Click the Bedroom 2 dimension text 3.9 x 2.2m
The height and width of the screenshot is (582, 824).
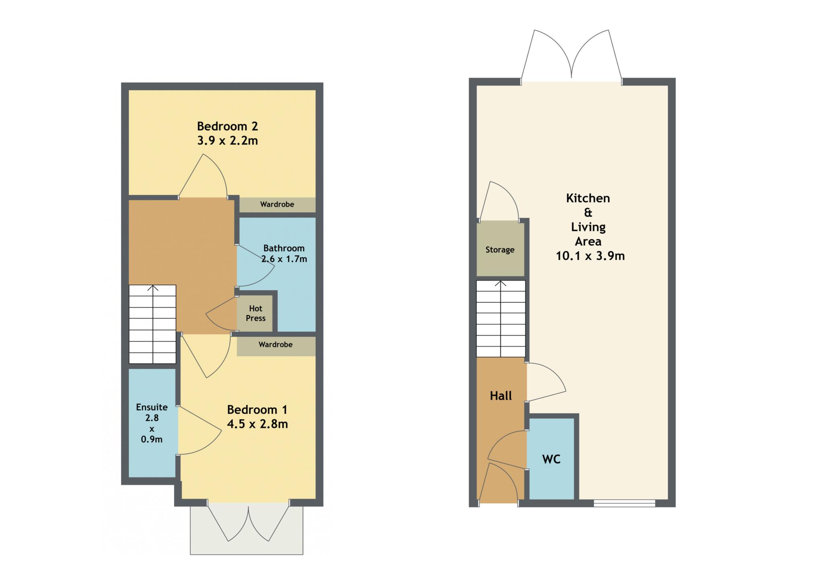[227, 141]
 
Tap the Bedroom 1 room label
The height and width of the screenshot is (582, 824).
[257, 410]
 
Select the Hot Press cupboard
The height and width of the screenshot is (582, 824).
[255, 314]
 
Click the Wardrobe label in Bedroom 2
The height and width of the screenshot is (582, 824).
[277, 204]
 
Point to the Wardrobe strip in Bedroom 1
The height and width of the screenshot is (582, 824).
[276, 346]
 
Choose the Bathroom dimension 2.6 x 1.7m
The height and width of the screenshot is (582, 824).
[284, 259]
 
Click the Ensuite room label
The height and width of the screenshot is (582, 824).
[152, 407]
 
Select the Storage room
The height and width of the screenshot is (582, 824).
[500, 249]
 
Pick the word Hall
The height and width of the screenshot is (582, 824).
[501, 396]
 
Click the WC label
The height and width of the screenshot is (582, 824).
[551, 459]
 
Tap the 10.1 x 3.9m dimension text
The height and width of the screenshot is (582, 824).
[590, 256]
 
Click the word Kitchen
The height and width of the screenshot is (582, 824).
[588, 198]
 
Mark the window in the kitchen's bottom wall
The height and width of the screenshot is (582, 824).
[624, 503]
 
